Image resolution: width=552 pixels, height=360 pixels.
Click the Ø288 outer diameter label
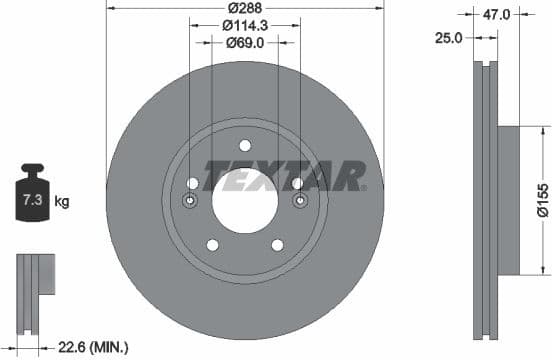[244, 7]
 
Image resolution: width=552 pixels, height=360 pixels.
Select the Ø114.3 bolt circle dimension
[244, 25]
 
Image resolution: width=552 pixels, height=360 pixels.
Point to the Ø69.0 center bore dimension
[244, 43]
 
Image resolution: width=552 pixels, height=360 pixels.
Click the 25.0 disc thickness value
[449, 37]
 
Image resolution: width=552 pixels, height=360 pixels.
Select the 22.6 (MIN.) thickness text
[93, 347]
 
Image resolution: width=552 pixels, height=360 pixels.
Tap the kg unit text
[62, 202]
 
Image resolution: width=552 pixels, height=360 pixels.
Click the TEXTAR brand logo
[285, 176]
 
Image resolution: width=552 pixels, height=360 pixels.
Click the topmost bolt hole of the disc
[245, 145]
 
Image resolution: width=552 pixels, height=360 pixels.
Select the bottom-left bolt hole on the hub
[212, 245]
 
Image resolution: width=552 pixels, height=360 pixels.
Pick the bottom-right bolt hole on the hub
[278, 245]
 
